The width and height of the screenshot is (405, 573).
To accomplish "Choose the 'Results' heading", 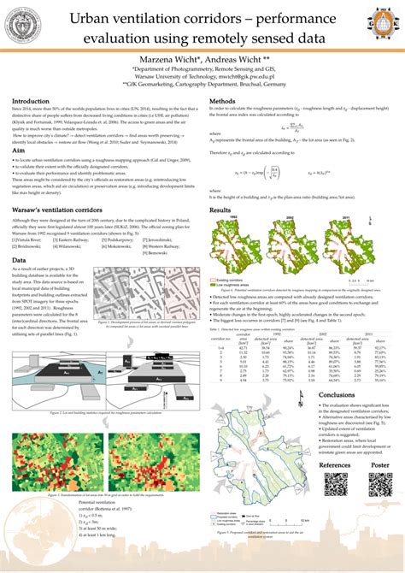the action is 221,210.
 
